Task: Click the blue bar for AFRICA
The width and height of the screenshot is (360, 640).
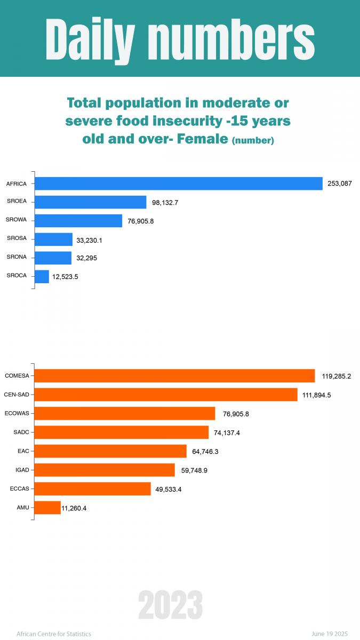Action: [x=179, y=183]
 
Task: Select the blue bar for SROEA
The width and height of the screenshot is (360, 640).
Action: [x=91, y=202]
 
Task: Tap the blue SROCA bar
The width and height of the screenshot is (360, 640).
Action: [x=42, y=276]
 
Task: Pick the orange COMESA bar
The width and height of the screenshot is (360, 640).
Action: [x=175, y=376]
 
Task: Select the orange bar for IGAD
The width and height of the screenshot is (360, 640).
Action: [x=105, y=470]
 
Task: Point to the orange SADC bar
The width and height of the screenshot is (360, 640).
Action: [x=122, y=433]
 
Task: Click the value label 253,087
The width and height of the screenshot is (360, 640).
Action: [x=340, y=184]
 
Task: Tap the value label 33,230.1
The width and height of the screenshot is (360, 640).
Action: [x=89, y=240]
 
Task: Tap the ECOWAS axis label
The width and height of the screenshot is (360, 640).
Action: [x=17, y=413]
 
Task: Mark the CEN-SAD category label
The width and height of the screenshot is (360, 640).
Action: [x=17, y=395]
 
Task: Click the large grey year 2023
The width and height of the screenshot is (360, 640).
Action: [x=171, y=605]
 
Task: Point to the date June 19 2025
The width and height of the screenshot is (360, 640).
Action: [x=330, y=634]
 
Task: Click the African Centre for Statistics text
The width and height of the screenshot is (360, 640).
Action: [x=54, y=634]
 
